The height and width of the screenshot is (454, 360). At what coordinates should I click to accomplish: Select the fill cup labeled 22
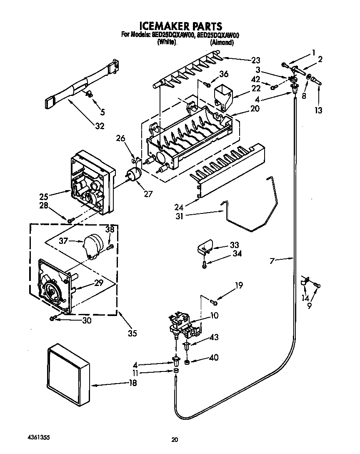tap(223, 95)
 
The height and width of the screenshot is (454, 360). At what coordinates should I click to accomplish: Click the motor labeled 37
tap(92, 243)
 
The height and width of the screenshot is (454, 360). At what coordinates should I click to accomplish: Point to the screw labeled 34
tap(204, 264)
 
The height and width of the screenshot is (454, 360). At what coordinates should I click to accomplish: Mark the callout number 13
tap(319, 110)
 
